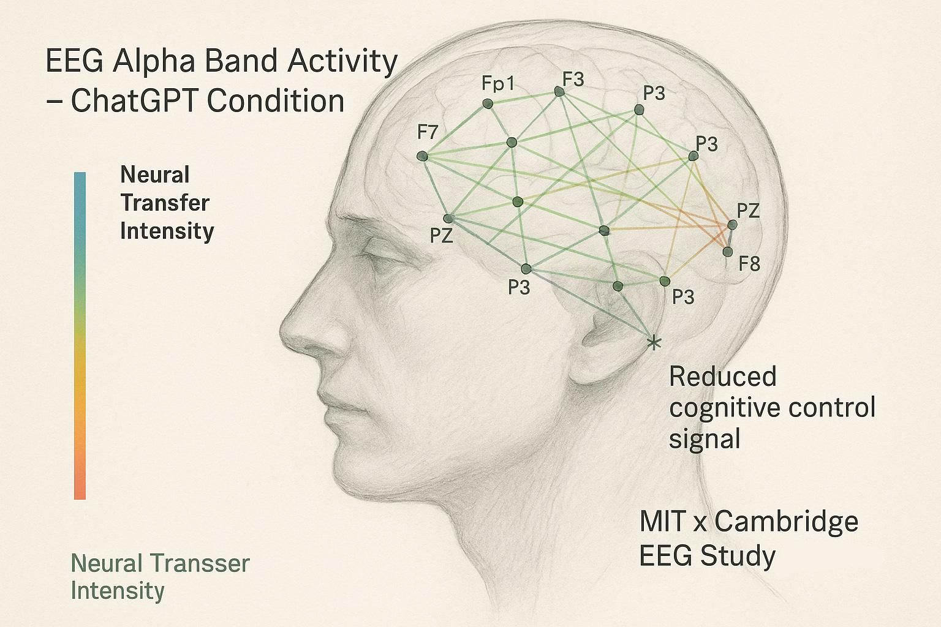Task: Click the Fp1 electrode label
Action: pyautogui.click(x=498, y=83)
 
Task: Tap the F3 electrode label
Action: pyautogui.click(x=573, y=80)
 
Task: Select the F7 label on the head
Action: pyautogui.click(x=427, y=132)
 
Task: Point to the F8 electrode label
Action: pyautogui.click(x=749, y=264)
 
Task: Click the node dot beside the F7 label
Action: pyautogui.click(x=421, y=157)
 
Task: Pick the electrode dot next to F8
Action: pyautogui.click(x=727, y=252)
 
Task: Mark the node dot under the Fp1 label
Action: pyautogui.click(x=487, y=104)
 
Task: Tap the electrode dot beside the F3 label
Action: pyautogui.click(x=559, y=91)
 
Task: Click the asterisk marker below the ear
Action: pyautogui.click(x=654, y=342)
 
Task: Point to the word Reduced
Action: pyautogui.click(x=722, y=376)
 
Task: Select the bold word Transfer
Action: pyautogui.click(x=165, y=203)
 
